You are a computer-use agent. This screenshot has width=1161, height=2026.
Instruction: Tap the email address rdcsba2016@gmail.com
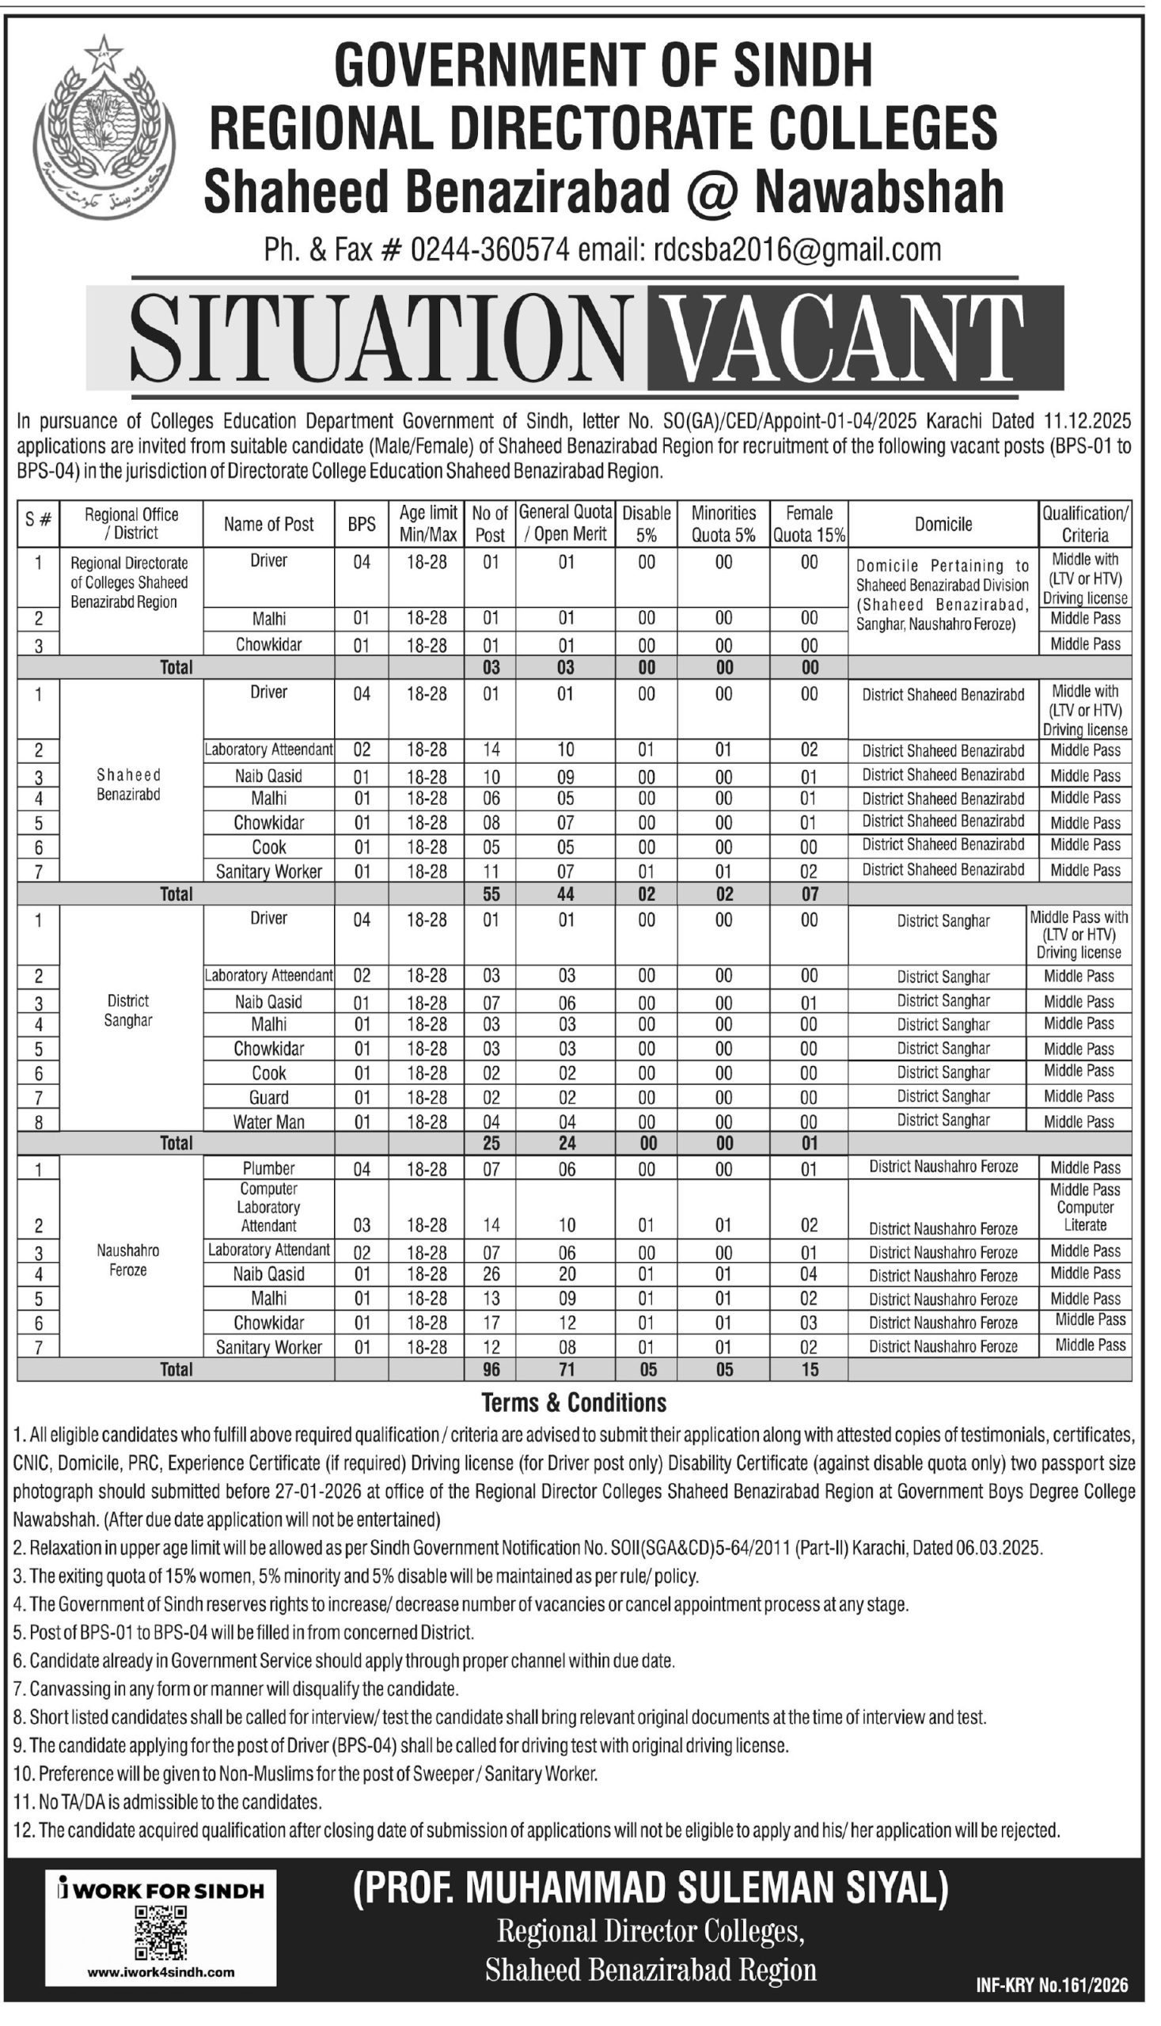797,249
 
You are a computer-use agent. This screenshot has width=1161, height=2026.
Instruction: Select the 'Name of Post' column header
269,524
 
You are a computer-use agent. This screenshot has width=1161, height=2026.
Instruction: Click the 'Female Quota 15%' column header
809,524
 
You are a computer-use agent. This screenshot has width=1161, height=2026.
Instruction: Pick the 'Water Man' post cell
269,1122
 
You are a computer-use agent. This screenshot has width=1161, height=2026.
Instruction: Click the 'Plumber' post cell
269,1168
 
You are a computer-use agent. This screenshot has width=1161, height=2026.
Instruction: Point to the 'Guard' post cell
269,1097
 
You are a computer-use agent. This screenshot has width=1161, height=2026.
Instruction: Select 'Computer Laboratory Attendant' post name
269,1207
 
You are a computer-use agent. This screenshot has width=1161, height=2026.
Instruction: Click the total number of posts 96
491,1369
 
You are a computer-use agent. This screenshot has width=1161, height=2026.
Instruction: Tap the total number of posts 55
491,893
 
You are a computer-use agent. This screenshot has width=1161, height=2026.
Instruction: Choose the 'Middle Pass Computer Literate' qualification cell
1084,1207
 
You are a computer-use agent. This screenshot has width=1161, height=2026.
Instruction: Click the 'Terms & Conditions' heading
573,1402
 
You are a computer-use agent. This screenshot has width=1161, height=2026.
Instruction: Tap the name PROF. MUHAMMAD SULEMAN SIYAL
651,1890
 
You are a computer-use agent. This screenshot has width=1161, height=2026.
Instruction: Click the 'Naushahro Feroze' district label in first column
127,1260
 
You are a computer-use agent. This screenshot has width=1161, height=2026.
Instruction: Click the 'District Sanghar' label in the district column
127,1010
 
